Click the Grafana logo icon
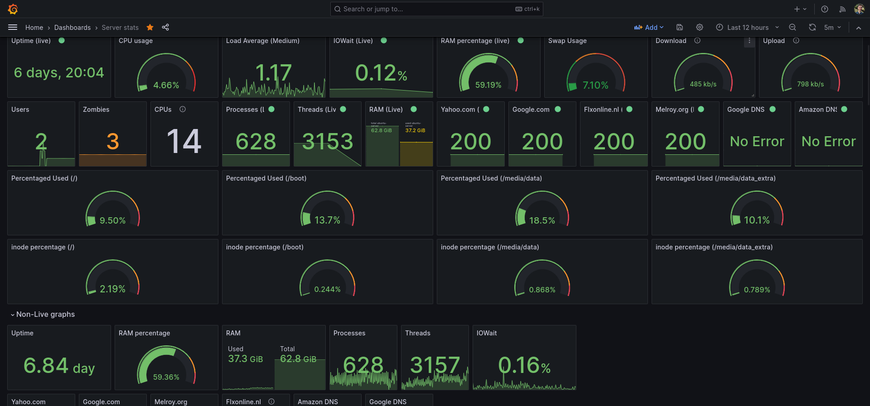(13, 9)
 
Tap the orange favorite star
(150, 28)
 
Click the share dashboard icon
(165, 28)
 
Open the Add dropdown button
(649, 28)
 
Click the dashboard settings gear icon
(700, 28)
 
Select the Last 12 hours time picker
(748, 28)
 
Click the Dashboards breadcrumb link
(72, 28)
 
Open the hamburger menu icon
(13, 28)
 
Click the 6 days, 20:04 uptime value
(59, 72)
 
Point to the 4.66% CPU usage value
(166, 85)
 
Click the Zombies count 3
(113, 142)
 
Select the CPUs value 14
(184, 142)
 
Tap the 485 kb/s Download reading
(703, 84)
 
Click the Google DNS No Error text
(757, 142)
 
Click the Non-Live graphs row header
(45, 315)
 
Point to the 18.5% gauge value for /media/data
(542, 220)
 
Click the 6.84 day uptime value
(59, 366)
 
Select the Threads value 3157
(435, 365)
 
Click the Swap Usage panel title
(567, 41)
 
